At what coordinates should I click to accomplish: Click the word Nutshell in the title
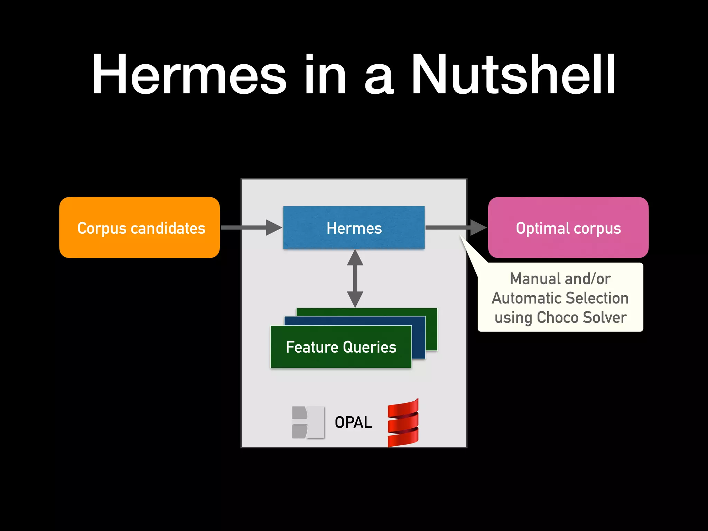pyautogui.click(x=513, y=74)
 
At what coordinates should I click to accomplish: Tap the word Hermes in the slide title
pyautogui.click(x=189, y=74)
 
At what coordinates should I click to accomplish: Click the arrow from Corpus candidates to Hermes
pyautogui.click(x=251, y=227)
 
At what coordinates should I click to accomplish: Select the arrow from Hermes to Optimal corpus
pyautogui.click(x=456, y=227)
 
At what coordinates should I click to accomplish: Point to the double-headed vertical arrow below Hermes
pyautogui.click(x=355, y=278)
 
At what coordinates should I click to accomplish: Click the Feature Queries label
pyautogui.click(x=341, y=347)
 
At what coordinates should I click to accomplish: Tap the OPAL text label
pyautogui.click(x=353, y=422)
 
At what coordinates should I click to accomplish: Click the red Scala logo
pyautogui.click(x=403, y=422)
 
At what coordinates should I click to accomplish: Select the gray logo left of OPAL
pyautogui.click(x=308, y=422)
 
